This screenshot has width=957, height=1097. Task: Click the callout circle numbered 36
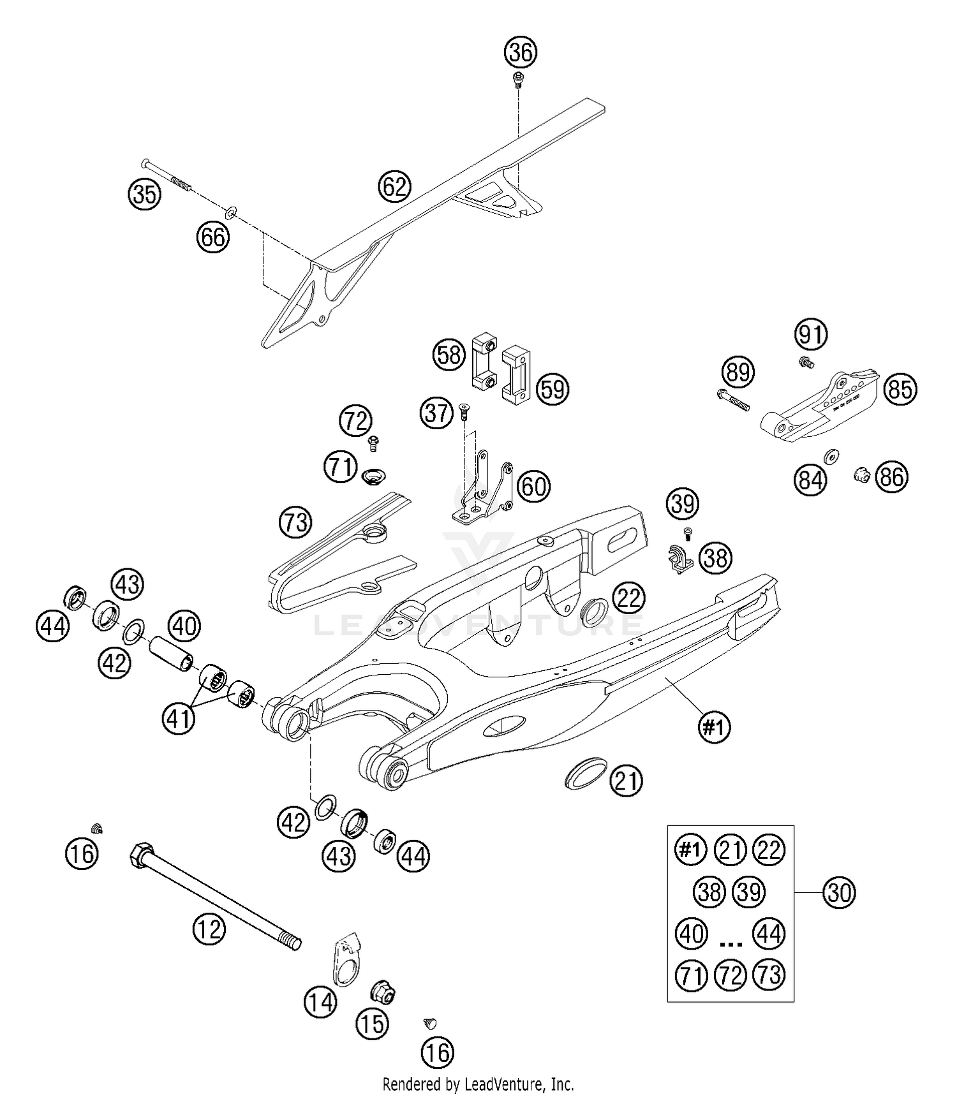[x=521, y=52]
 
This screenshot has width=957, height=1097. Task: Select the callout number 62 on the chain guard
[x=394, y=187]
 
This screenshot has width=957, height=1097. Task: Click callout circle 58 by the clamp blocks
[x=449, y=354]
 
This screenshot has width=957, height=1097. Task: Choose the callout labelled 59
[x=553, y=388]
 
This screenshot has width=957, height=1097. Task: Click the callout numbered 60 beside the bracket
[x=533, y=487]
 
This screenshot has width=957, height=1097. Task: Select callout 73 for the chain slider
[x=295, y=522]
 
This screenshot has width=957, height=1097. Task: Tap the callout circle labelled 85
[x=900, y=388]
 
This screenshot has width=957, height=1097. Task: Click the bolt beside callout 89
[x=732, y=400]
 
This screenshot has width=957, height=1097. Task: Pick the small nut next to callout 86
[x=861, y=474]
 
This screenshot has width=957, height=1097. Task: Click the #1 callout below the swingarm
[x=714, y=726]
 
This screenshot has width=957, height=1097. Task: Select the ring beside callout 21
[x=584, y=773]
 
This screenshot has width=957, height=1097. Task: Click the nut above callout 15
[x=384, y=992]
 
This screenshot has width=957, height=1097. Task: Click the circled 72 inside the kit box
[x=731, y=975]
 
